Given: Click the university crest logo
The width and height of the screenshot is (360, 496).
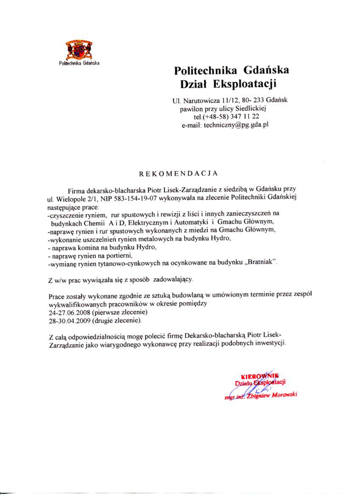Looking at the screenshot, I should pyautogui.click(x=79, y=50).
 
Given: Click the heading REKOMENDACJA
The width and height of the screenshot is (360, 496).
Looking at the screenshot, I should pyautogui.click(x=178, y=173).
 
